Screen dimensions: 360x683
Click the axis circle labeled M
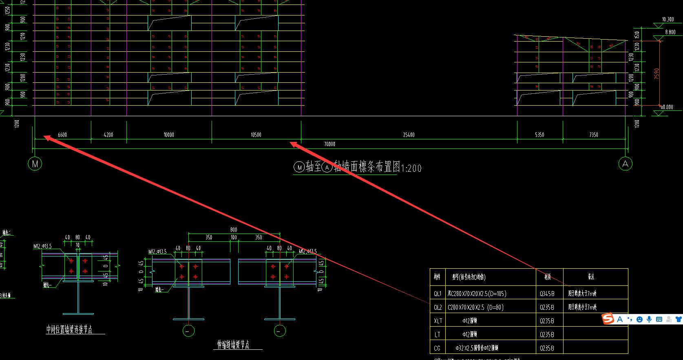click(35, 164)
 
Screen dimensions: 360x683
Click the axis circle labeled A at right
click(625, 164)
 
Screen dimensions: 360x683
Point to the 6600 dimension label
click(62, 135)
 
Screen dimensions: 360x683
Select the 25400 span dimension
click(409, 135)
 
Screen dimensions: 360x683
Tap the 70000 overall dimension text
click(329, 144)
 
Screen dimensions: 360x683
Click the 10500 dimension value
click(256, 135)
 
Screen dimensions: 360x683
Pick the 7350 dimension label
click(594, 135)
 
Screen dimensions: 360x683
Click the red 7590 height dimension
click(656, 73)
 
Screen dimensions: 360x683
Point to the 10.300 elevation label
click(668, 19)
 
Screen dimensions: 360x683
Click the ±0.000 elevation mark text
click(667, 107)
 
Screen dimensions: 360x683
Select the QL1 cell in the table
click(438, 294)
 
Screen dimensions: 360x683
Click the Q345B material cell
click(547, 294)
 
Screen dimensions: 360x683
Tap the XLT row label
click(438, 321)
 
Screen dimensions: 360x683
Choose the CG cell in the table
click(437, 348)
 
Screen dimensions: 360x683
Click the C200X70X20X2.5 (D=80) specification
click(475, 307)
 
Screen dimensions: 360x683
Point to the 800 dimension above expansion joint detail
click(234, 230)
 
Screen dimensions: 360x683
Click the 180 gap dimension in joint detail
click(234, 237)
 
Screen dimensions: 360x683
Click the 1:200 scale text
click(411, 168)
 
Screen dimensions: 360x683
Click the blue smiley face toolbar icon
click(639, 319)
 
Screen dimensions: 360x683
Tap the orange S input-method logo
click(608, 318)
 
